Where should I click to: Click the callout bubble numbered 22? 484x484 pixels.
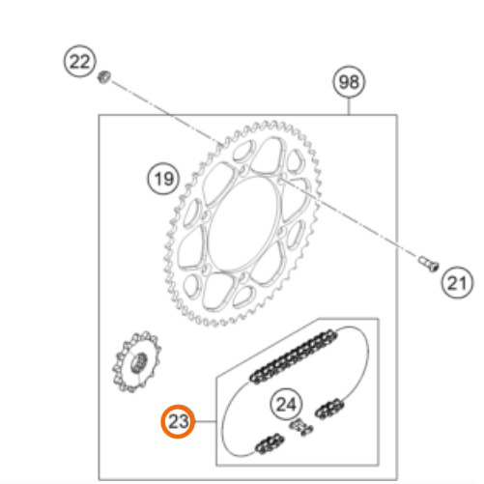(x=80, y=61)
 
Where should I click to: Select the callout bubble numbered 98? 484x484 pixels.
(x=349, y=82)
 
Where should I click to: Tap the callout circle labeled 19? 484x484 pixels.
(x=164, y=179)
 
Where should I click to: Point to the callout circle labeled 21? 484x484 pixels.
(x=457, y=282)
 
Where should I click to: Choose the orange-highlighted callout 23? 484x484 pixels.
(x=178, y=421)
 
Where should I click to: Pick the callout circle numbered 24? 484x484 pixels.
(x=286, y=404)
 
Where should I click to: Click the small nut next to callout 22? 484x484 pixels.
(x=104, y=77)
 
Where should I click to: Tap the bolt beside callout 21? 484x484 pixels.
(x=429, y=264)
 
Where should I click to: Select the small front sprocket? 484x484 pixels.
(x=136, y=361)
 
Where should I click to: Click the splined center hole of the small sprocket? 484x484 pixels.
(x=139, y=363)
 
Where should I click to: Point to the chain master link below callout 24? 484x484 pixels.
(x=301, y=427)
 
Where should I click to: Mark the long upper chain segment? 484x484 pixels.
(x=294, y=356)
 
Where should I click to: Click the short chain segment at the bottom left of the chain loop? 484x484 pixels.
(x=270, y=443)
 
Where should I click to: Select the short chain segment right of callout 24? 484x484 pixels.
(x=329, y=409)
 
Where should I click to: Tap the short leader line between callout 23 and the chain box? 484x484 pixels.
(x=206, y=421)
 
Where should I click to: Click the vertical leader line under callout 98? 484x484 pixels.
(x=349, y=106)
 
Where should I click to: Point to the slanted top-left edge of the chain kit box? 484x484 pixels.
(x=267, y=348)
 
